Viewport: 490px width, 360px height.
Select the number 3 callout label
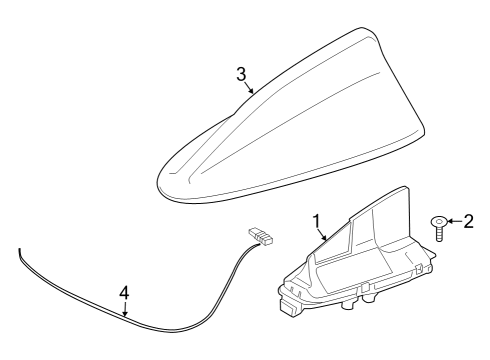pos(241,74)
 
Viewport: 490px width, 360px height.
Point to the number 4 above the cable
pos(124,293)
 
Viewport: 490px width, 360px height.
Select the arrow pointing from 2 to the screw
pos(453,221)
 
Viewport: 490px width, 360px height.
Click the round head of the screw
pos(438,221)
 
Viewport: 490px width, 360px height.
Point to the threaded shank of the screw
pos(438,235)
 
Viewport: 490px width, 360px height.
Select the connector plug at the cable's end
pos(262,237)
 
